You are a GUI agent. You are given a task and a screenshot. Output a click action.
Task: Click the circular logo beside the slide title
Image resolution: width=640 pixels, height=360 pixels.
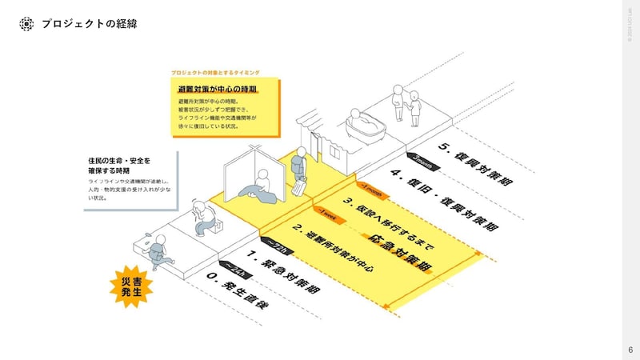pos(26,24)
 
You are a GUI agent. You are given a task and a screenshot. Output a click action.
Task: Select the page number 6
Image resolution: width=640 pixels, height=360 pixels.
pos(630,350)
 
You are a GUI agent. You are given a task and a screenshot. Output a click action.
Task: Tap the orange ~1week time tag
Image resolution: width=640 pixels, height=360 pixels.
pos(326,213)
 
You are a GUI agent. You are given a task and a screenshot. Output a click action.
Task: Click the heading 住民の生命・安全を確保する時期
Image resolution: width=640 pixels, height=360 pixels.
pos(119,165)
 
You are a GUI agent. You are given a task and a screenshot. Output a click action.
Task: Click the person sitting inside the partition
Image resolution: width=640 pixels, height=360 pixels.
pos(258,189)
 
